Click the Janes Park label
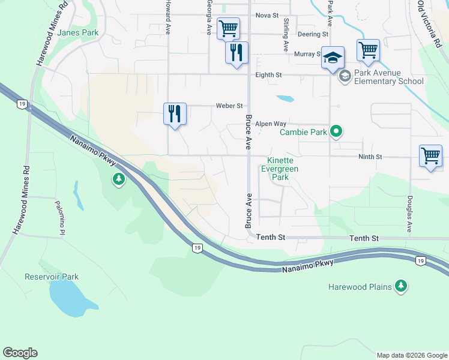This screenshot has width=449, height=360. point(79,33)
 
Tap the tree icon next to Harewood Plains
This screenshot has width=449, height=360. point(401,287)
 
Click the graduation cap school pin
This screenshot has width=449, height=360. point(333,58)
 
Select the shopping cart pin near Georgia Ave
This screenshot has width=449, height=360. point(228,28)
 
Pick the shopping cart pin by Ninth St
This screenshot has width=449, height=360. point(430,156)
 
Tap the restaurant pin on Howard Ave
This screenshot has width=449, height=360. point(175,113)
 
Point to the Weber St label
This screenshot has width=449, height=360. point(229,106)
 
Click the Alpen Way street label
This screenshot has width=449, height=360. point(271,124)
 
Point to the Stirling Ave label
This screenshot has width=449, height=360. point(286,34)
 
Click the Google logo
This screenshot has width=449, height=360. point(20,353)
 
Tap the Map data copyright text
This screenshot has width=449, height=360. point(411,355)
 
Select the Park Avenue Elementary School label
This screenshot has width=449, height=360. point(388,77)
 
